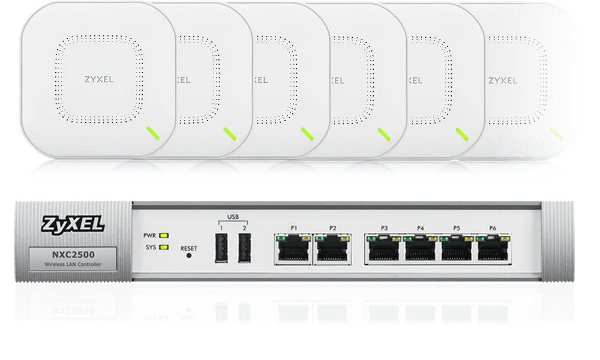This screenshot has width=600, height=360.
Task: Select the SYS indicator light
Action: pos(163,247)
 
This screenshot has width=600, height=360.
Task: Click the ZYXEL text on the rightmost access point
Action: pos(503,79)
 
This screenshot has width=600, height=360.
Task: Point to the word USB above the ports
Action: pos(232,217)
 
